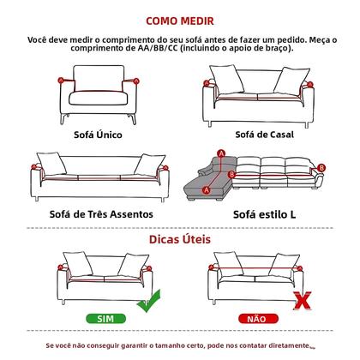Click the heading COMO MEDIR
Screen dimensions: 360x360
coord(180,18)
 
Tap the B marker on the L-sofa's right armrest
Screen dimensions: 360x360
coord(322,161)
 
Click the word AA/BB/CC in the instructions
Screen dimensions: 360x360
coord(140,49)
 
